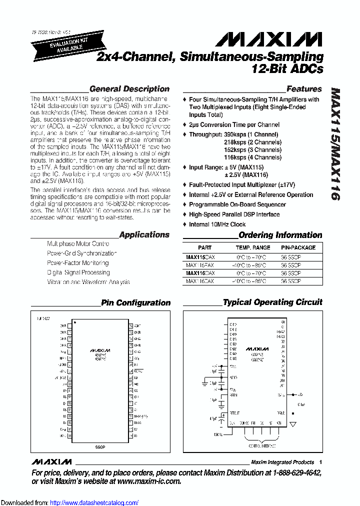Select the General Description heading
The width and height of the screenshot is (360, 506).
coord(129,89)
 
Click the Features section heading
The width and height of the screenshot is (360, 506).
coord(304,89)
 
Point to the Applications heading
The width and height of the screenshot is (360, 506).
coord(144,234)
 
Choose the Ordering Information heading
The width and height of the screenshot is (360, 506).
coord(280,235)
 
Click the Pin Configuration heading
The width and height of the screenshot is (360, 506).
coord(135,302)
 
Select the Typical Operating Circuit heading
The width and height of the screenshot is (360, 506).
coord(272,302)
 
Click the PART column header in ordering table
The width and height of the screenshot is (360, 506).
coord(204,247)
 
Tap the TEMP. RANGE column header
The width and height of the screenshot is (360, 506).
coord(253,247)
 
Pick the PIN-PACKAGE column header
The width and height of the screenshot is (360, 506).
coord(298,247)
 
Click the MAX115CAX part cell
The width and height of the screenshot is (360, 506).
coord(200,256)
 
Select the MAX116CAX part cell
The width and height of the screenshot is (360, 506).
coord(200,273)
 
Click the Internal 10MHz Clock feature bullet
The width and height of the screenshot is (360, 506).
coord(217,224)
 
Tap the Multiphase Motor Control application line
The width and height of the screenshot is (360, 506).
coord(77,244)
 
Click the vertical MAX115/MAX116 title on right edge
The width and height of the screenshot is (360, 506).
coord(336,145)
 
